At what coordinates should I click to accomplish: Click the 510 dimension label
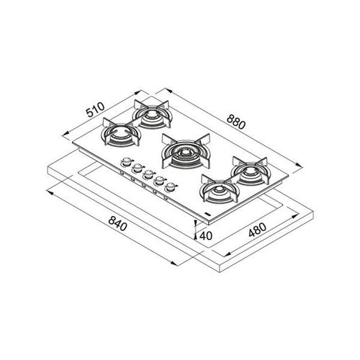click(x=96, y=109)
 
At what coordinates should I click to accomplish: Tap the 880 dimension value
click(x=236, y=122)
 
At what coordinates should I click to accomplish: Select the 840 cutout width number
click(x=117, y=224)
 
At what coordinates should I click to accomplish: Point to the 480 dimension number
click(x=257, y=230)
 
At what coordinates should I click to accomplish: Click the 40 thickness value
click(x=206, y=235)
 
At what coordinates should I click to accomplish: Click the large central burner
click(x=185, y=151)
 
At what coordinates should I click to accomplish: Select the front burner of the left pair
click(x=121, y=135)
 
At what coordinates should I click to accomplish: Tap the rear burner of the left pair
click(x=153, y=114)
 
